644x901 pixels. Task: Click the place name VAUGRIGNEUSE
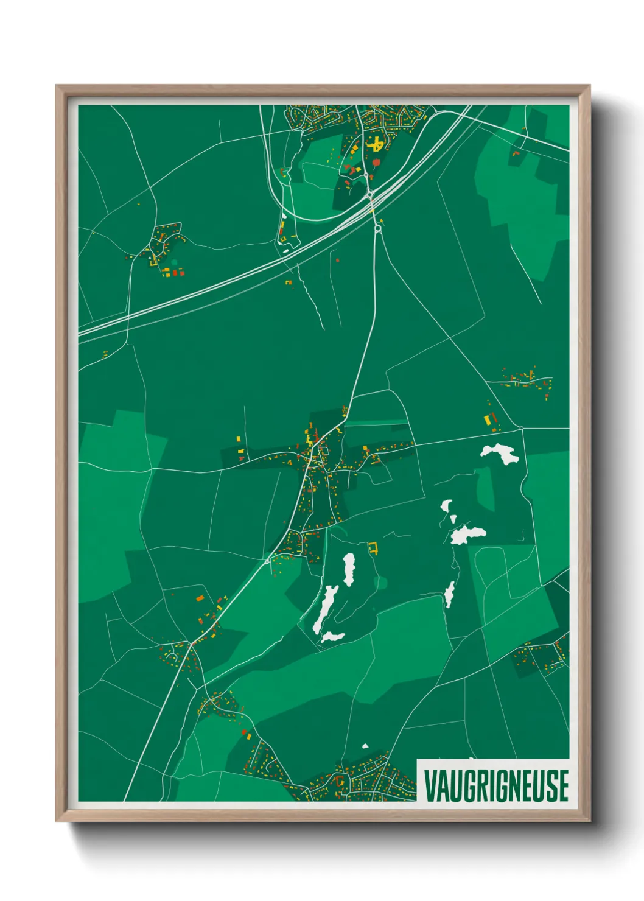[x=496, y=785]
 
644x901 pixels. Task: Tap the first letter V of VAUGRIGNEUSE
[x=429, y=785]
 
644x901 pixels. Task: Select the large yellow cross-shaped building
[x=376, y=144]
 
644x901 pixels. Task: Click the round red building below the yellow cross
[x=376, y=163]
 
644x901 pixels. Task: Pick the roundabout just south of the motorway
[x=377, y=228]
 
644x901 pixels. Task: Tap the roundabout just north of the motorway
[x=369, y=195]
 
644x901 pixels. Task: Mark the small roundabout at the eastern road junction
[x=522, y=428]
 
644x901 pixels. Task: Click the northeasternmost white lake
[x=499, y=453]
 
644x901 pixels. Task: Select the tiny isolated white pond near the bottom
[x=365, y=746]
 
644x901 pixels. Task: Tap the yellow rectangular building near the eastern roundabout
[x=487, y=420]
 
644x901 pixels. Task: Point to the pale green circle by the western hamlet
[x=174, y=262]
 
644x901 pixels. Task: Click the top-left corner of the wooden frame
[x=57, y=86]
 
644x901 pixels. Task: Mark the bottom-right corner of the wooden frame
[x=589, y=821]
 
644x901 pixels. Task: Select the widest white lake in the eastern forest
[x=467, y=534]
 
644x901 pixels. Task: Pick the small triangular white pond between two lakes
[x=453, y=519]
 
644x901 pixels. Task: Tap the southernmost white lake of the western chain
[x=332, y=637]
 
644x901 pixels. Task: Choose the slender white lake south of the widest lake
[x=449, y=594]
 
